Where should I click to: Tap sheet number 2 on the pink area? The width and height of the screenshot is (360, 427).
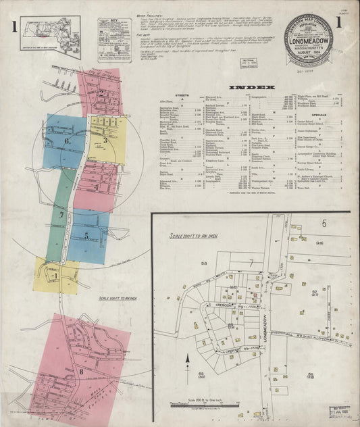coord(101,93)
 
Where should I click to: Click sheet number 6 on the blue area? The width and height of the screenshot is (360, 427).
coord(68,141)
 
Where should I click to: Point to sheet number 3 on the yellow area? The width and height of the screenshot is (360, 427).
coord(105,141)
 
